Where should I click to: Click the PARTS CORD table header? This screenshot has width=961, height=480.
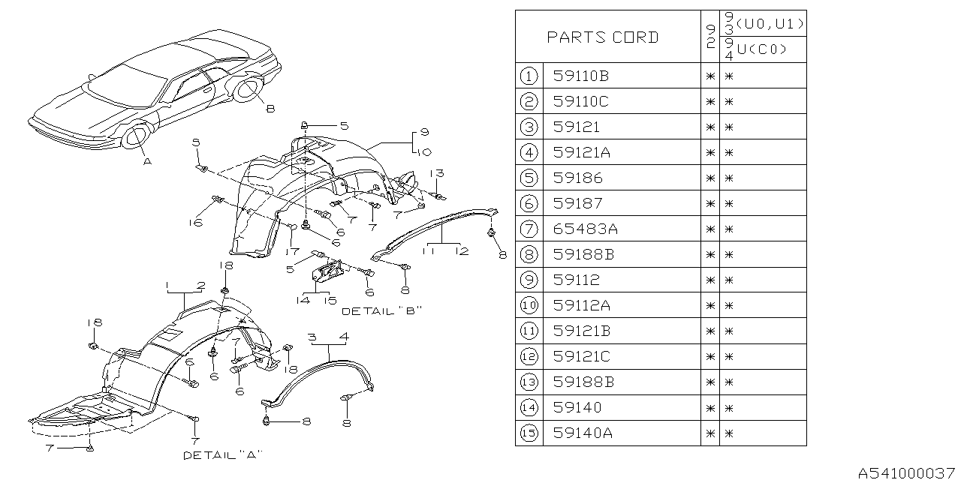click(603, 37)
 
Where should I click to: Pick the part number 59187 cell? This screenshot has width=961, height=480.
click(577, 203)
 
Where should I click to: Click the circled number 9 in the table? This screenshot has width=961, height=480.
click(529, 280)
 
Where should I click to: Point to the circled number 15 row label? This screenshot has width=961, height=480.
click(529, 433)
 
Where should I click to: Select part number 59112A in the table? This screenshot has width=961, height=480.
click(582, 305)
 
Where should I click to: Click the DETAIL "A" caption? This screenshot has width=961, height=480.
click(222, 454)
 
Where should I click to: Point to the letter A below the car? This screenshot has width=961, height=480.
click(147, 160)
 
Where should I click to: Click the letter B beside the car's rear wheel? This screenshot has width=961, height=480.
click(270, 109)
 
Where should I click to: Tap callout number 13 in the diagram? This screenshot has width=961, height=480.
click(437, 173)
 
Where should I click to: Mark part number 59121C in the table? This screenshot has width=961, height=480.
click(582, 356)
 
